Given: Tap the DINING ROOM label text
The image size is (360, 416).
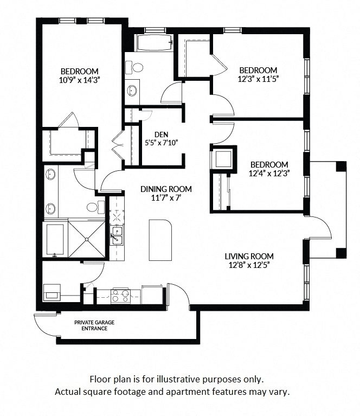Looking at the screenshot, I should click(x=166, y=189).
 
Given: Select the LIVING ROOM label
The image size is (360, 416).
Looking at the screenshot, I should click(x=249, y=257).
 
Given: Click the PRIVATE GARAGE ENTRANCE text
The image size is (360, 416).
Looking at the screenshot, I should click(x=94, y=325).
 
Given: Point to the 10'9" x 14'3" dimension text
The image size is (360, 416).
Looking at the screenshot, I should click(x=79, y=79).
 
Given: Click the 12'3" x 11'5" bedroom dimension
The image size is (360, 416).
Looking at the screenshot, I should click(x=259, y=79).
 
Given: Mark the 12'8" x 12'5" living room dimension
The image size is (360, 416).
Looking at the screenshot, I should click(x=249, y=265).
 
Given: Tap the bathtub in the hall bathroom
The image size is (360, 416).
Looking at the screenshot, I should click(x=154, y=42).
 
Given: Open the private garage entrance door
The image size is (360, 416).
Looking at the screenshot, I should click(x=44, y=325).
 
